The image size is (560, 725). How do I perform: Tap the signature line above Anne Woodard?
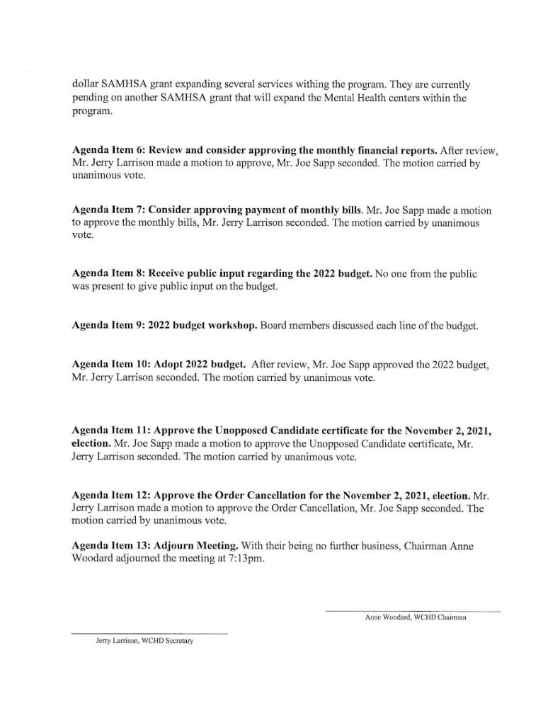pos(413,610)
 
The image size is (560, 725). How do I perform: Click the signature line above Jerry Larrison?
pos(150,632)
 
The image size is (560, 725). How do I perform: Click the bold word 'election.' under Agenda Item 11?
pos(91,444)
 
